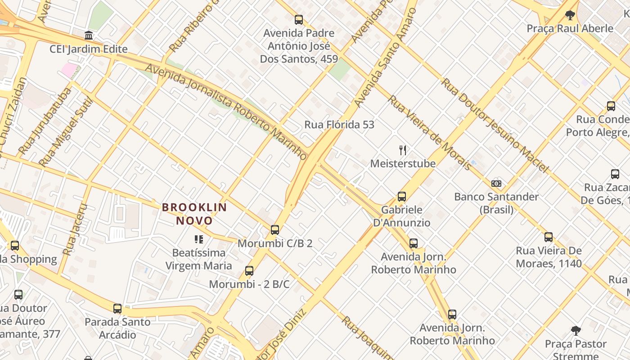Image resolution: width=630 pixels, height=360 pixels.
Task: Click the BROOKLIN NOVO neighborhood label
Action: click(194, 214)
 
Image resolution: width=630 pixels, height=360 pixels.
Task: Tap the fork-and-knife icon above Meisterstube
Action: click(403, 150)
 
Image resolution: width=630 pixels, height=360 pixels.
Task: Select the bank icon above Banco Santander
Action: click(496, 184)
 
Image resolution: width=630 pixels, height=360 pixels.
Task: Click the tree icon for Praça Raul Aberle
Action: click(570, 15)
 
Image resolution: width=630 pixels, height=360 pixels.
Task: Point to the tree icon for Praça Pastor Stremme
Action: click(576, 331)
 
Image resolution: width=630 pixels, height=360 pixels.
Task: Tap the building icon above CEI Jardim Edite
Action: click(89, 36)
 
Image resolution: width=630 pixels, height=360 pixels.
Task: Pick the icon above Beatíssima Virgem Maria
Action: click(198, 239)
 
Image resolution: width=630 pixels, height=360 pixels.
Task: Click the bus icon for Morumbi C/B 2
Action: click(275, 230)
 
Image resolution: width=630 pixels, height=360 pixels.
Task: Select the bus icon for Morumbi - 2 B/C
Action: click(249, 271)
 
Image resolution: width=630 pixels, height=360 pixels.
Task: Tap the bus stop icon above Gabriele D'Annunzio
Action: click(402, 197)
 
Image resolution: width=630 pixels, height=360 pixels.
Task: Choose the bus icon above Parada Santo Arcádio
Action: click(117, 309)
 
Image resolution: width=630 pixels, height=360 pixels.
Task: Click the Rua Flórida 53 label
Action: click(339, 125)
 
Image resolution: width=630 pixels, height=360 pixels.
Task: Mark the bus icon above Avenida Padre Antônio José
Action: click(299, 20)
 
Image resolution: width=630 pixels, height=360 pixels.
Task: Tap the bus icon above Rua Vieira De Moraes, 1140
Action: click(549, 237)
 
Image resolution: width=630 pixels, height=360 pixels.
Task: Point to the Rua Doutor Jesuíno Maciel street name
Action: click(495, 126)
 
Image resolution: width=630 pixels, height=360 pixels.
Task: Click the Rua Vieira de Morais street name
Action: click(429, 132)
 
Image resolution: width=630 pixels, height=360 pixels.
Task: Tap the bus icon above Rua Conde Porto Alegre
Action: click(611, 106)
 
